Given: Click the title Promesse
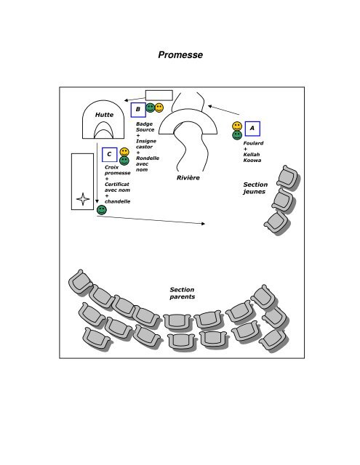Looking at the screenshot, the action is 180,55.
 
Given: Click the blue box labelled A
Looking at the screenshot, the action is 252,129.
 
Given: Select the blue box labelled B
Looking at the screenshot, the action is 138,110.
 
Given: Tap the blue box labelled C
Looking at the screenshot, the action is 110,155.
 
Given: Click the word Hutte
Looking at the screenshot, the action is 104,115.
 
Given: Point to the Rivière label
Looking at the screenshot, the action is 188,177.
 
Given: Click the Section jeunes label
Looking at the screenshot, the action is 255,188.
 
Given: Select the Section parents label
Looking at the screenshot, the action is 183,293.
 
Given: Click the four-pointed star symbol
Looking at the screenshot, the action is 83,199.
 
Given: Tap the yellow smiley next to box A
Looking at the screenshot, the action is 237,126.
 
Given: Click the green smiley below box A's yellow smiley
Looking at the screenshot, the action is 237,135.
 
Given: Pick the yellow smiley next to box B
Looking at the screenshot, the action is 159,108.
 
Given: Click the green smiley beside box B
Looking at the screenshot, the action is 150,108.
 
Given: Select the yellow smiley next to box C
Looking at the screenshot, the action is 124,152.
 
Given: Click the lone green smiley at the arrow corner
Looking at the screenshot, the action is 102,210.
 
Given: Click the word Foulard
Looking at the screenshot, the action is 253,143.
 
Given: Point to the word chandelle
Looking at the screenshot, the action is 118,201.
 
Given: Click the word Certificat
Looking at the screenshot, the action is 117,184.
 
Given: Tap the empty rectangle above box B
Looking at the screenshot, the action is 159,95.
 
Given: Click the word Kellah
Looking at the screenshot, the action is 252,155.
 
